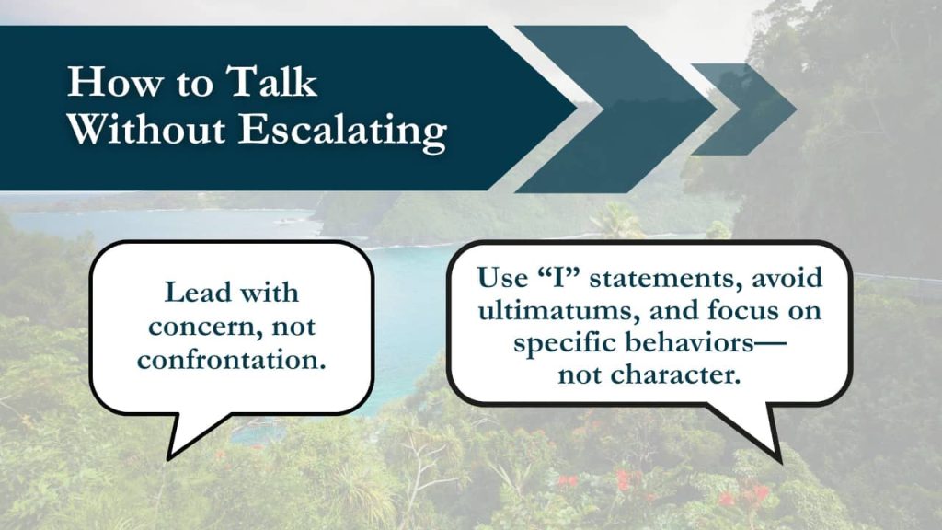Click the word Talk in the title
tap(271, 81)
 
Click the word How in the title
tap(114, 81)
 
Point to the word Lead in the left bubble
tap(198, 293)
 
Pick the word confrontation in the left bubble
tap(231, 360)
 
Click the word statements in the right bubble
tap(662, 278)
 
